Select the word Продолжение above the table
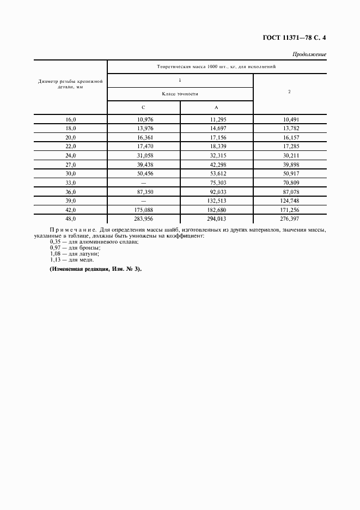[x=309, y=54]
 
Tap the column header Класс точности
[x=180, y=94]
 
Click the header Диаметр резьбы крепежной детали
[x=71, y=83]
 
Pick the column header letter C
[x=143, y=107]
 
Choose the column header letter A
[x=216, y=107]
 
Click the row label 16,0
[x=71, y=119]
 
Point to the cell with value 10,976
[x=144, y=119]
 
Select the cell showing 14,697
[x=216, y=129]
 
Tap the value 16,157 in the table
[x=289, y=138]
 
